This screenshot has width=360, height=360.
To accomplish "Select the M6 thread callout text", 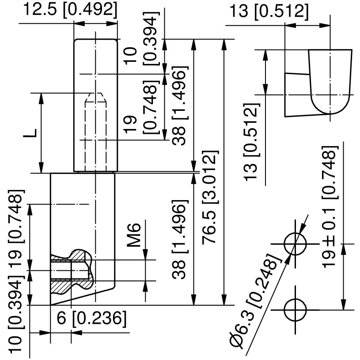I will pyautogui.click(x=136, y=235).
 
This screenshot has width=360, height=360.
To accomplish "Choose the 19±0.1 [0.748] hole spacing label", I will pyautogui.click(x=330, y=208).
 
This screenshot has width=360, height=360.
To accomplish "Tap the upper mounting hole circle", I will pyautogui.click(x=295, y=244).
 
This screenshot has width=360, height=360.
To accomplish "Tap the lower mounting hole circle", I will pyautogui.click(x=295, y=310).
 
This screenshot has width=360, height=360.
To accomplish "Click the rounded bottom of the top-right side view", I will pyautogui.click(x=330, y=108).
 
